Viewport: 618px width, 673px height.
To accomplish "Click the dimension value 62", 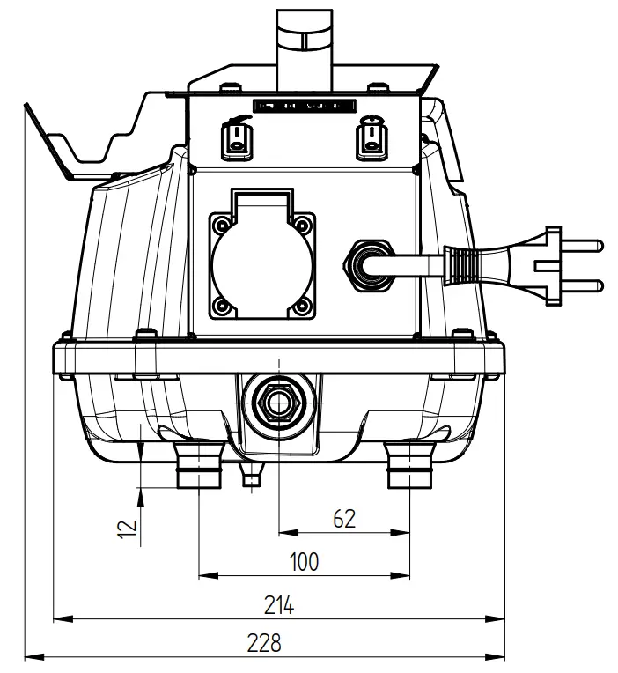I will pos(344,519).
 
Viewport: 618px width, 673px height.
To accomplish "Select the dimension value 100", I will pos(304,561).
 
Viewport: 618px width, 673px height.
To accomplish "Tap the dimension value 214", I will pos(279,605).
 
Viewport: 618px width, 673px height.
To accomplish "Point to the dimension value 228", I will pos(264,643).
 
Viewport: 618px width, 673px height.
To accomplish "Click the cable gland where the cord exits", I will pos(364,262).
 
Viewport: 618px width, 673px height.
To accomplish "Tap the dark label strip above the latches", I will pos(304,105).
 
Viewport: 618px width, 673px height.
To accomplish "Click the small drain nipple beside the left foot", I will pos(253,476).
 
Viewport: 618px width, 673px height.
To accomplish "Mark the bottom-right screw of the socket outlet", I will pos(303,307).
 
